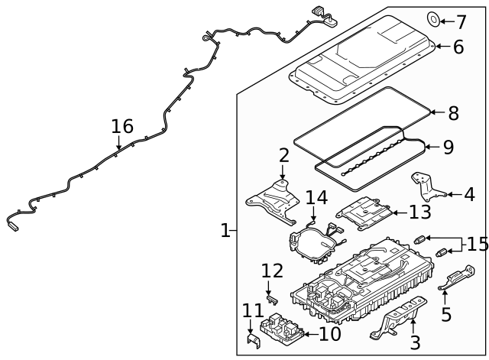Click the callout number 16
tap(122, 126)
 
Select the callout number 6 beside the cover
tap(458, 47)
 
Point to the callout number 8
tap(453, 113)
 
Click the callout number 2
tap(283, 156)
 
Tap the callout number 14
tap(316, 198)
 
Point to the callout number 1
tap(225, 230)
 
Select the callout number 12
tap(272, 271)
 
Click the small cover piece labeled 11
tap(252, 341)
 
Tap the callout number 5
tap(446, 314)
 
